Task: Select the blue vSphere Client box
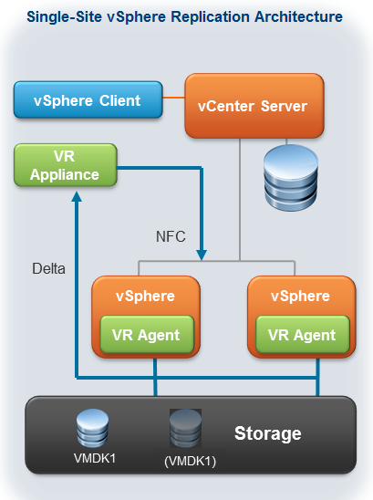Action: [88, 100]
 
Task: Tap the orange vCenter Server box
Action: [253, 106]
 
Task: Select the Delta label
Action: [49, 269]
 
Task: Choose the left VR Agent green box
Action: [146, 335]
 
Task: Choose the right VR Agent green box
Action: [300, 335]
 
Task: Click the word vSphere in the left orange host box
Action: [146, 297]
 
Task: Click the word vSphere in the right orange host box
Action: [300, 297]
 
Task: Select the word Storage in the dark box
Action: [268, 433]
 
